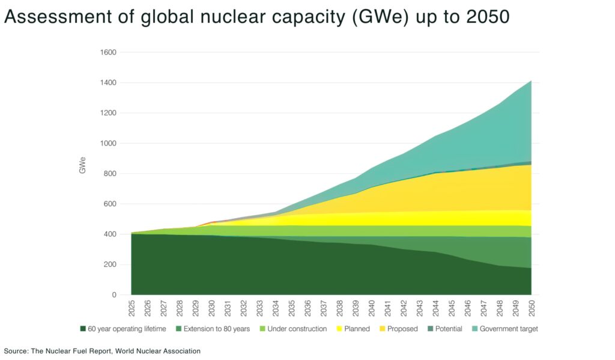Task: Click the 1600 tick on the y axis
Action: [x=109, y=52]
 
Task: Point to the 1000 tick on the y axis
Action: [x=109, y=144]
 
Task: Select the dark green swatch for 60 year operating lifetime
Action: [x=83, y=329]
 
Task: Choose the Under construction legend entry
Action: [x=297, y=329]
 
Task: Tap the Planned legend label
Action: [x=356, y=329]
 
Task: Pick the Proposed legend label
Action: [x=402, y=329]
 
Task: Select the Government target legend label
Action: [x=509, y=329]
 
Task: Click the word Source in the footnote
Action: [x=16, y=350]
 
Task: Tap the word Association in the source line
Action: [x=180, y=350]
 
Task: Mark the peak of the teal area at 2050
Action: [x=531, y=81]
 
